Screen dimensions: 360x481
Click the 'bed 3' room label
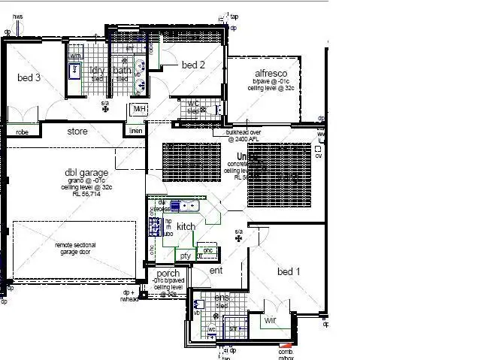pyautogui.click(x=29, y=77)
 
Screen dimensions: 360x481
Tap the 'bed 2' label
pyautogui.click(x=193, y=65)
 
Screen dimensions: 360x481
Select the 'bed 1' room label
pyautogui.click(x=289, y=271)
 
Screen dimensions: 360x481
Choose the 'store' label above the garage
pyautogui.click(x=77, y=132)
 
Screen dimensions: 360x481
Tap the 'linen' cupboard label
pyautogui.click(x=135, y=132)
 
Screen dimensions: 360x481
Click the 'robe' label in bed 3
pyautogui.click(x=22, y=132)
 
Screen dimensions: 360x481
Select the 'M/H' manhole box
pyautogui.click(x=138, y=110)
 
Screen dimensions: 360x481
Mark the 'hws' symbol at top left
pyautogui.click(x=17, y=17)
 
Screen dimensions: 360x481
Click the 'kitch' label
pyautogui.click(x=186, y=226)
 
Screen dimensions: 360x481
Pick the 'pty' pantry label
pyautogui.click(x=184, y=256)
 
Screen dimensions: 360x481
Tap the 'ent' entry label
pyautogui.click(x=216, y=270)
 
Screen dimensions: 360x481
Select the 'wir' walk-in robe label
pyautogui.click(x=270, y=321)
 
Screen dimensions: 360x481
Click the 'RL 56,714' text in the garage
pyautogui.click(x=87, y=193)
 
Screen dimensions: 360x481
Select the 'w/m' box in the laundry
pyautogui.click(x=75, y=56)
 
